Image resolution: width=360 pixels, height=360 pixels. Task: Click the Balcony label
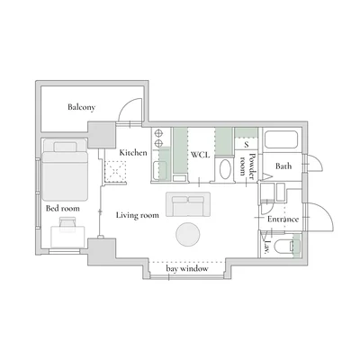81,107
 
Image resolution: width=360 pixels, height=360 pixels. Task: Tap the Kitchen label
133,152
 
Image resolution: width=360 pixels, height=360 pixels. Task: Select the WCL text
200,155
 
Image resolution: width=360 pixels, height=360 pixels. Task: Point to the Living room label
138,215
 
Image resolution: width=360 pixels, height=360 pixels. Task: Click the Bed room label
63,208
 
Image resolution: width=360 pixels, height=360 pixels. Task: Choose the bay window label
187,268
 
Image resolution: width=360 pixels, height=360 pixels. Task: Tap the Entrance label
283,219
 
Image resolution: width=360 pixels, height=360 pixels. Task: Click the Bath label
283,166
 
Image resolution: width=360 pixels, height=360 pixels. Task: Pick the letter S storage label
247,145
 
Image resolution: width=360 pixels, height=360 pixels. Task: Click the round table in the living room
188,235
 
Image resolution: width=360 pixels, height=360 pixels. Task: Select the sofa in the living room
188,204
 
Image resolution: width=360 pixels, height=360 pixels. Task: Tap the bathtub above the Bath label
281,139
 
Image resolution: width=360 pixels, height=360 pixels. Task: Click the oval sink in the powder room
225,169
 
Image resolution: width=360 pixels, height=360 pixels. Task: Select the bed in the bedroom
65,169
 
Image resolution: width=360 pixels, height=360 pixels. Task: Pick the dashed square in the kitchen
115,171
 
